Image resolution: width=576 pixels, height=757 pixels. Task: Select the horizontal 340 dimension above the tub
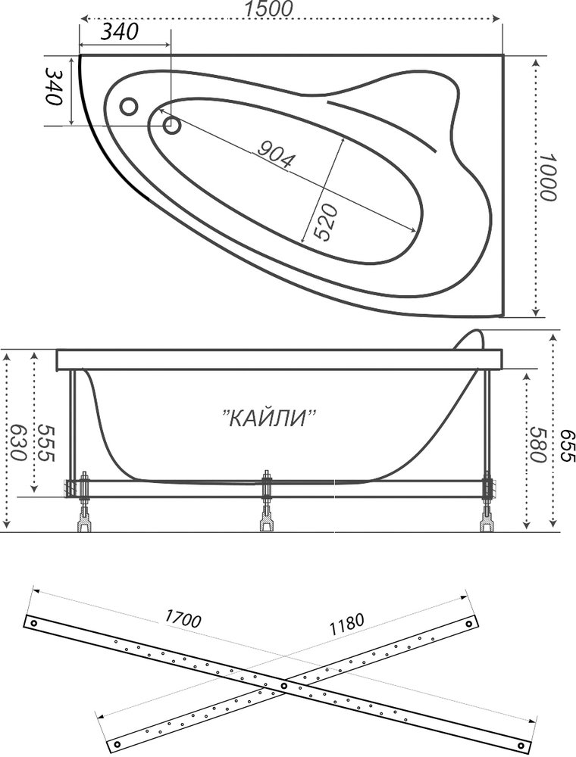pyautogui.click(x=117, y=33)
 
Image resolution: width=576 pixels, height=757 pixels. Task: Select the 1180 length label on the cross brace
pyautogui.click(x=346, y=623)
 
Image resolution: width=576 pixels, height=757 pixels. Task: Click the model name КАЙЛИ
pyautogui.click(x=269, y=418)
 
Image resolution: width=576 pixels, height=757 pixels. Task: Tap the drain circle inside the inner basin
pyautogui.click(x=171, y=123)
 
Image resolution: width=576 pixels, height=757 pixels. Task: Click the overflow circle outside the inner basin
pyautogui.click(x=129, y=106)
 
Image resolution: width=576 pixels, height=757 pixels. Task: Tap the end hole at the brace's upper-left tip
pyautogui.click(x=34, y=622)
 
